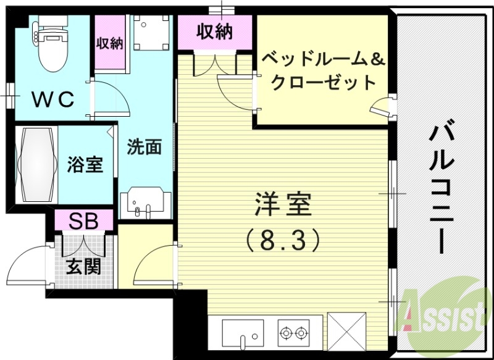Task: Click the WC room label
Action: point(53,98)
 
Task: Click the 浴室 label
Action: point(85,165)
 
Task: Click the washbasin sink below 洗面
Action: point(144,203)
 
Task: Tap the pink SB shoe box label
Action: point(83,220)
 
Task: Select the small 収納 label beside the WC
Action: point(109,43)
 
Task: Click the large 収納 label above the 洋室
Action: point(215,31)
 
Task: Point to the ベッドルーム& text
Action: point(324,61)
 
